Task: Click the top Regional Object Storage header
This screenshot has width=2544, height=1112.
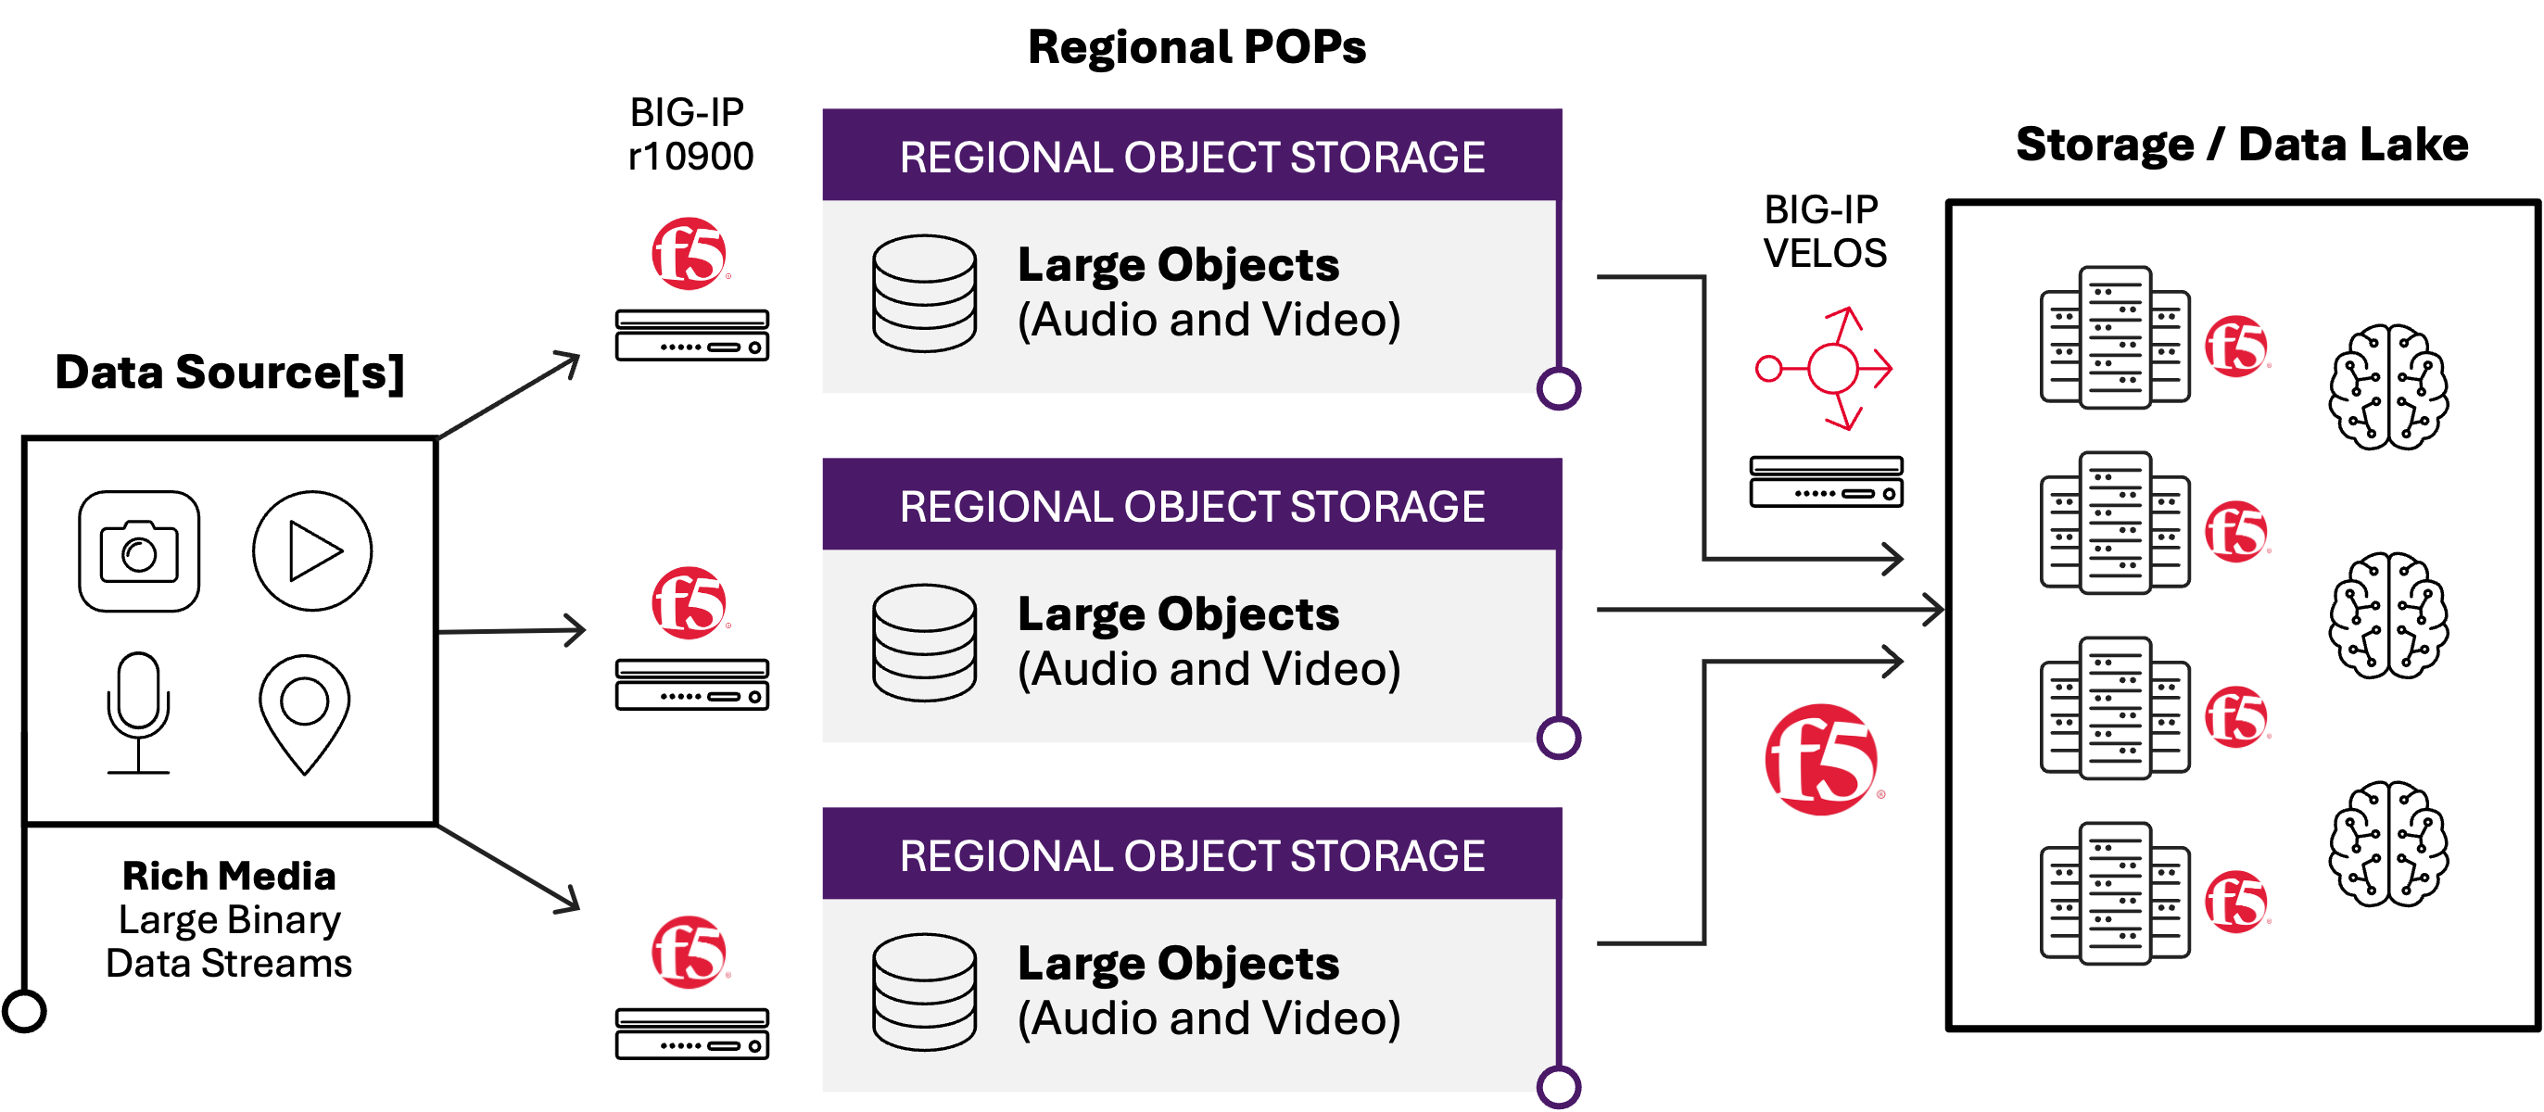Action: (1191, 156)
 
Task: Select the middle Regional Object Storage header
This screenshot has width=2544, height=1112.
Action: (1191, 506)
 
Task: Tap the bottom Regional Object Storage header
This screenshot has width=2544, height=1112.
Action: (1191, 855)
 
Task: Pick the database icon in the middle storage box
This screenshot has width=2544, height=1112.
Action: (924, 642)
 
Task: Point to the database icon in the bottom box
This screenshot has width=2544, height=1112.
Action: (924, 992)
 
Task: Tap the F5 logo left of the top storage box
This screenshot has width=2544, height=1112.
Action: (690, 254)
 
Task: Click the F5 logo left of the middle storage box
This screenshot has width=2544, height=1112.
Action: (690, 603)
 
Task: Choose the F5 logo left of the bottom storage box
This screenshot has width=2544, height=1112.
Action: (690, 952)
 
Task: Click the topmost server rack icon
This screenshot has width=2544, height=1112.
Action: (2114, 337)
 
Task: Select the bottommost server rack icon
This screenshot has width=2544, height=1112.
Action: (2114, 892)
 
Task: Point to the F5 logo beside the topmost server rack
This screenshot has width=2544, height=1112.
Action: (2236, 347)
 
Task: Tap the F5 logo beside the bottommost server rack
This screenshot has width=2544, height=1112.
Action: (2236, 902)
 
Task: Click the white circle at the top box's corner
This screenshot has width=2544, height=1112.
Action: (1559, 388)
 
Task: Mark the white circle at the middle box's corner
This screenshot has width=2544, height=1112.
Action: (1559, 738)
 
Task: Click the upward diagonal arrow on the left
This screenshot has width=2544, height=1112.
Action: (508, 395)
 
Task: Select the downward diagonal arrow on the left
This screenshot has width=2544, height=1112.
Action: (508, 868)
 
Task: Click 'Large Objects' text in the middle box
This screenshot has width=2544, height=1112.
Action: (1178, 614)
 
